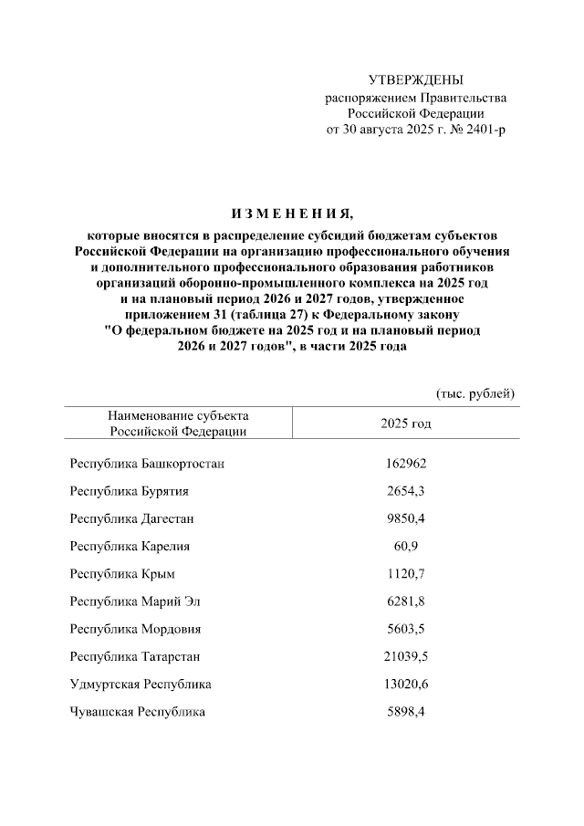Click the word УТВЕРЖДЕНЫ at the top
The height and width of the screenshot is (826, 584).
pos(415,80)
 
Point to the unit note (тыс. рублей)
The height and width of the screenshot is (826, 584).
pos(475,393)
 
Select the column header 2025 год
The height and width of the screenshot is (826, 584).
pos(406,423)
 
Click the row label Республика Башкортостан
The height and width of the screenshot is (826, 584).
pos(147,464)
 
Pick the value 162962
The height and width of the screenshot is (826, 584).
pos(406,464)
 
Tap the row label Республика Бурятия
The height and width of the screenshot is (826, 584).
pos(130,491)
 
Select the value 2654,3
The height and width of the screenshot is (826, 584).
pos(406,491)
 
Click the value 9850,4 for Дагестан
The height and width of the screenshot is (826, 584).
pos(406,518)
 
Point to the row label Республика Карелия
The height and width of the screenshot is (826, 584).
pos(130,546)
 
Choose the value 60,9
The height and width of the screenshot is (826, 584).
pos(406,546)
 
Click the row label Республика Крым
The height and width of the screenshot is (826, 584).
pos(122,574)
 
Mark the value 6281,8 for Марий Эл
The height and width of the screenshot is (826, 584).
pos(406,601)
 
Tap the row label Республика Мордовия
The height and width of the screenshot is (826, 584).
pos(136,629)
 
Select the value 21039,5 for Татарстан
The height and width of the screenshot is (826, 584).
pos(406,656)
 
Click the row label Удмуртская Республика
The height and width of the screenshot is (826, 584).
pos(141,684)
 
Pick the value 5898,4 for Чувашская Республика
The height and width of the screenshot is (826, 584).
pos(406,711)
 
